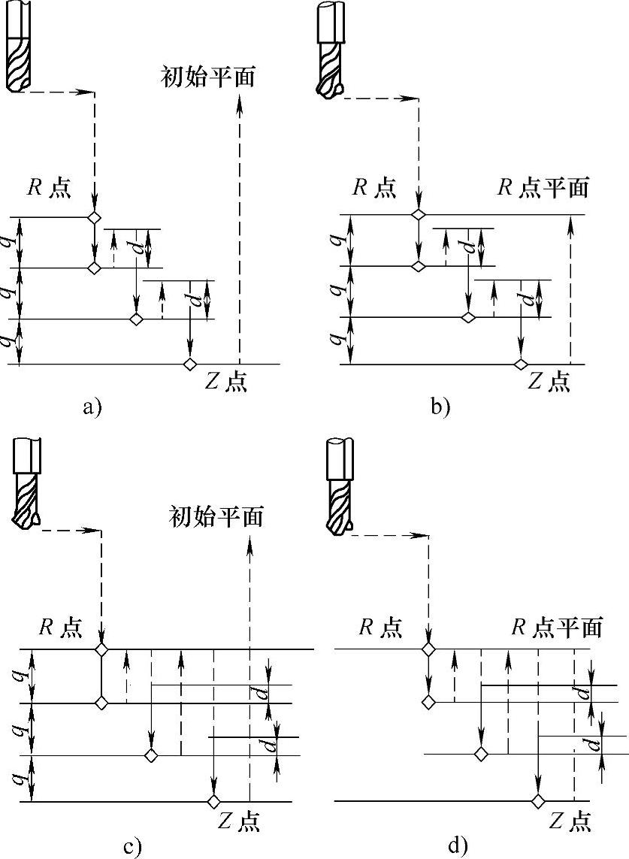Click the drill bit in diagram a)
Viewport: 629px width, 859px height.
(20, 49)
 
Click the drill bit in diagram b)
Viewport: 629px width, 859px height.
(330, 53)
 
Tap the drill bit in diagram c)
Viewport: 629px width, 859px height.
(28, 485)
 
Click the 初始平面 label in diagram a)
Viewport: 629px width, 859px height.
(208, 76)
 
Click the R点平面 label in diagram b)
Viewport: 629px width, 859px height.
(543, 187)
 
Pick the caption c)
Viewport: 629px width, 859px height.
(132, 847)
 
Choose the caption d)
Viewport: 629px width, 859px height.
(458, 847)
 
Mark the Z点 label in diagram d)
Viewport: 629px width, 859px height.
(570, 821)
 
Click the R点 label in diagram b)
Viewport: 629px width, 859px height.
(374, 188)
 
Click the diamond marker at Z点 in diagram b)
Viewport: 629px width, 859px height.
(520, 364)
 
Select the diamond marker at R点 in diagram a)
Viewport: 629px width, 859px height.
(93, 218)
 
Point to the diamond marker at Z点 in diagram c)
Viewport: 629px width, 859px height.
(214, 801)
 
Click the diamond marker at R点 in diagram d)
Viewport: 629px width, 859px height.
(428, 649)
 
